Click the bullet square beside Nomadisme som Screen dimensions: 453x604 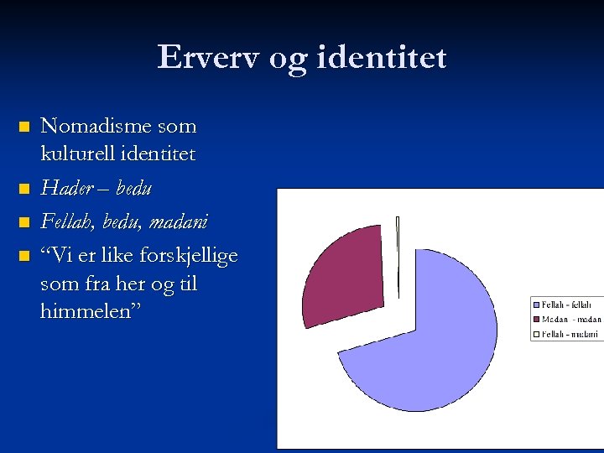[23, 128]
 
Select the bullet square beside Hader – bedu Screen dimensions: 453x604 [23, 190]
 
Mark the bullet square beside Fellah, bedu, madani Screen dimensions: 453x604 [23, 223]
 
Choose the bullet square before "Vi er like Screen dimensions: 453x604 [23, 255]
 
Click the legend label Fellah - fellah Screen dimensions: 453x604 [571, 305]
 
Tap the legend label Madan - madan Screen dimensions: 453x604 [571, 320]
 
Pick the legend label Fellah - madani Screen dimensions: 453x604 [571, 334]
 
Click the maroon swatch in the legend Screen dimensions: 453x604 [536, 320]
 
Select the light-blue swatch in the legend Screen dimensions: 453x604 [536, 305]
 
